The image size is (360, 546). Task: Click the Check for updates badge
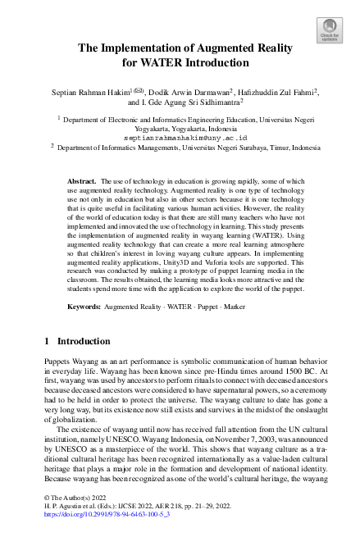point(329,32)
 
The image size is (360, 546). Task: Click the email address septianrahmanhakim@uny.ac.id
point(180,139)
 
